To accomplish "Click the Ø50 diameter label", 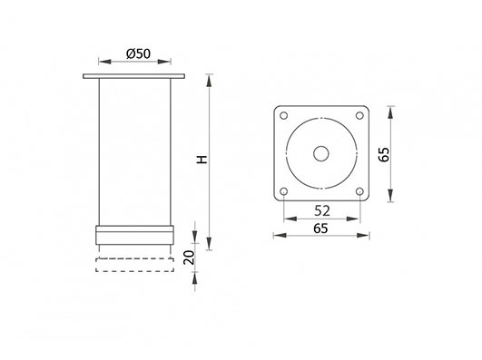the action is click(x=138, y=54).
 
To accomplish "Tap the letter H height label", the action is click(x=202, y=160).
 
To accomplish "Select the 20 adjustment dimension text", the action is click(x=189, y=258).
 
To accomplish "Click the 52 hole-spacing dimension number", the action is click(x=322, y=210).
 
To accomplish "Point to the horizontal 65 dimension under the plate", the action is click(x=321, y=229).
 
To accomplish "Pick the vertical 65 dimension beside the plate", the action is click(x=384, y=154).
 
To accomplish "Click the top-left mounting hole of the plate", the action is click(x=284, y=116).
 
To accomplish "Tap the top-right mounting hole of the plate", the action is click(x=359, y=116).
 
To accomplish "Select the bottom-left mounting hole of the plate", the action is click(x=284, y=191).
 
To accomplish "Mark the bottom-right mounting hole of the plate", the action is click(x=359, y=191).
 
